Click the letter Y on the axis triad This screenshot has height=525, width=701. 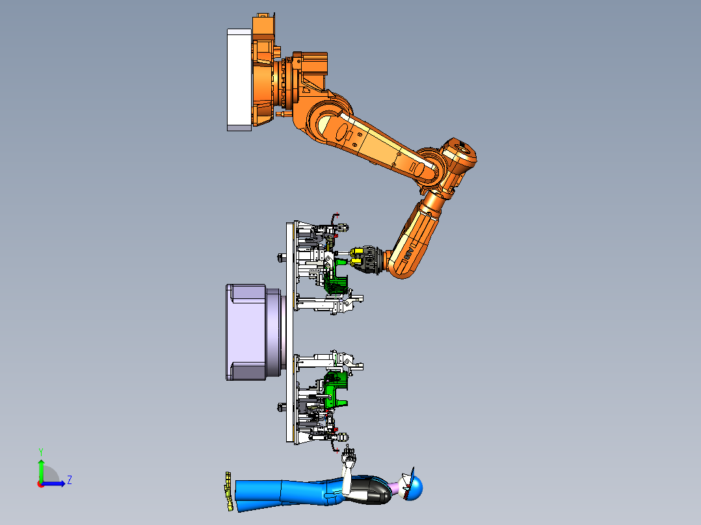[x=41, y=452]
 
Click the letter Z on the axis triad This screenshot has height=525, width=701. [x=70, y=480]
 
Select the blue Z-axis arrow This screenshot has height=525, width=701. [x=53, y=483]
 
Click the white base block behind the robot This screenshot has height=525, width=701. [x=239, y=80]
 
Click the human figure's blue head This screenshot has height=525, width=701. [x=414, y=488]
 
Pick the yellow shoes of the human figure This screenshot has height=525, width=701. [x=228, y=491]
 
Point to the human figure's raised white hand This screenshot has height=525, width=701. [x=349, y=457]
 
